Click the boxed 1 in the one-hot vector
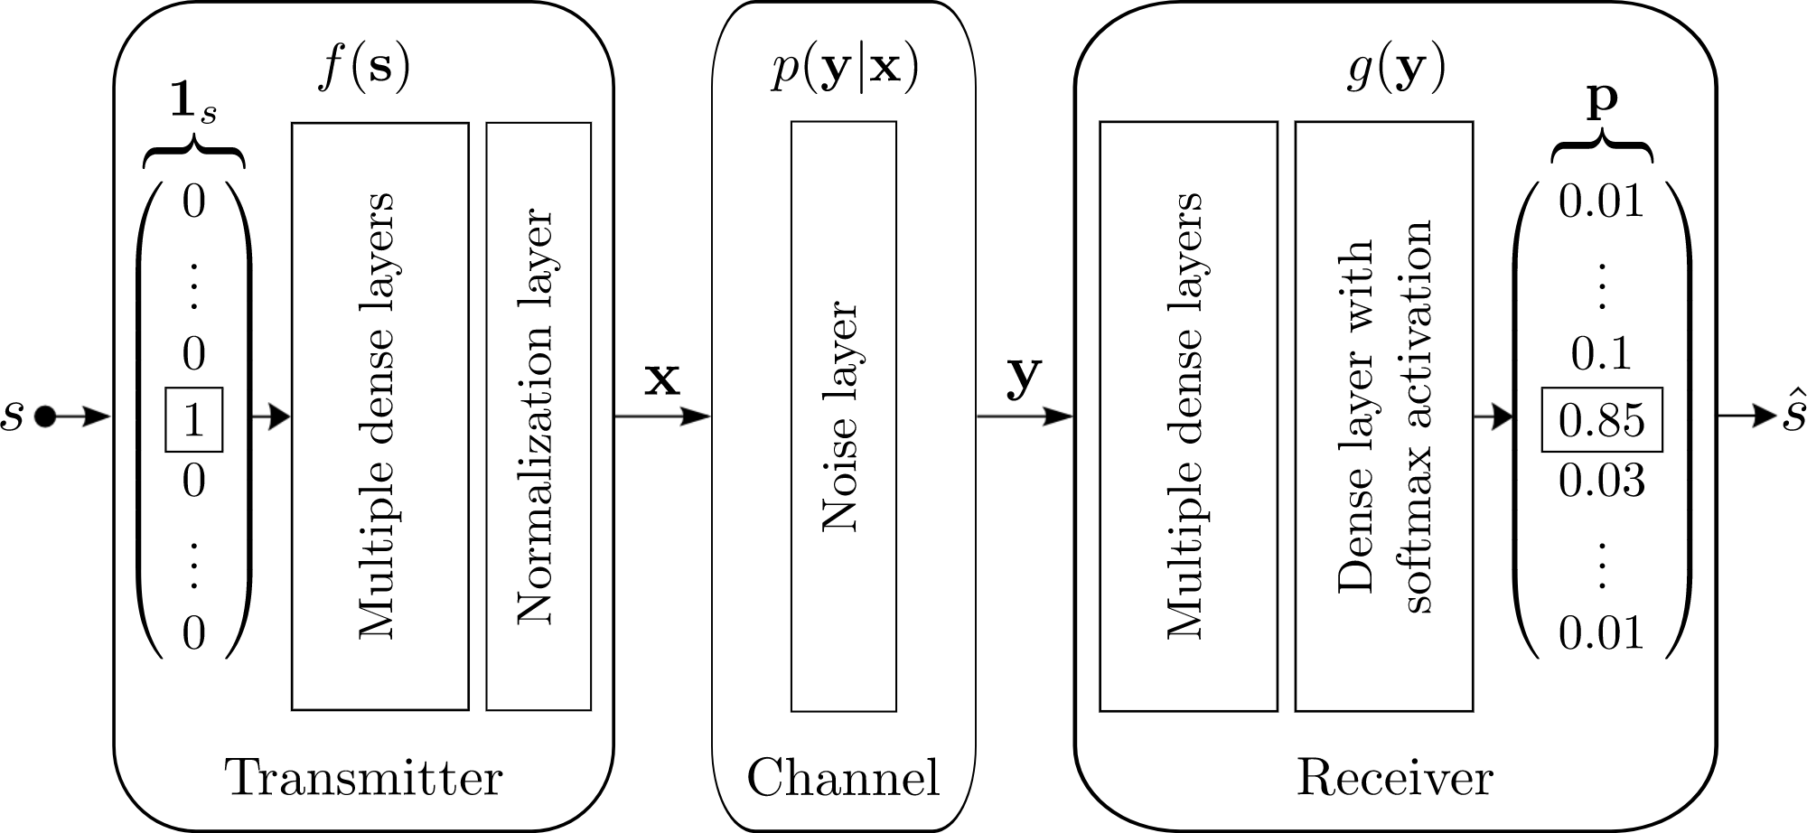pos(193,420)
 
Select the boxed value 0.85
pos(1601,420)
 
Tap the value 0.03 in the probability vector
pos(1601,480)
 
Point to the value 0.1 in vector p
pos(1601,353)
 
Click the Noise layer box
pos(843,416)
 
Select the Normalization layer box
pos(538,416)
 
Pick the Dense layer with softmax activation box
pos(1383,416)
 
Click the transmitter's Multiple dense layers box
pos(379,416)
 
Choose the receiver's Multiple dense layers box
pos(1188,416)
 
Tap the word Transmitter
pos(363,778)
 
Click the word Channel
pos(843,778)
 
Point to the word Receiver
pos(1394,778)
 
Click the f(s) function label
pos(363,69)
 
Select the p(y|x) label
pos(844,69)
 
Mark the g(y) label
pos(1394,69)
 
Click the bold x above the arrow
pos(661,380)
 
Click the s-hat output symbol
pos(1793,416)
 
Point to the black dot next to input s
pos(44,416)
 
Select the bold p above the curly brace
pos(1602,101)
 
